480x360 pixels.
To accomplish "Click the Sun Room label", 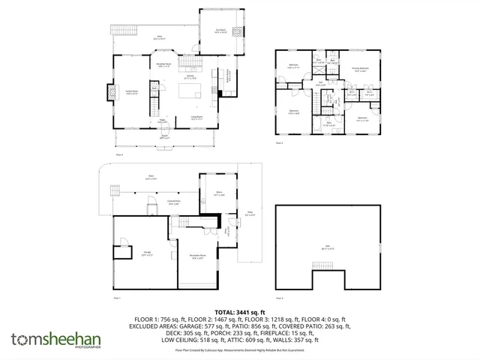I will pos(220,30).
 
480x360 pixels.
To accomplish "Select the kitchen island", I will pos(189,93).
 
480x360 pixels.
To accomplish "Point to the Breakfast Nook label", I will pos(165,64).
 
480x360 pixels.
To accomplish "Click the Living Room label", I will pos(196,118).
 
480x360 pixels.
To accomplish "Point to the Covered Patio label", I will pos(172,202).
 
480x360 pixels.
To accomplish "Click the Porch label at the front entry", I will pos(166,137).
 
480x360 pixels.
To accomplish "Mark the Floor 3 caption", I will pos(279,142).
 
